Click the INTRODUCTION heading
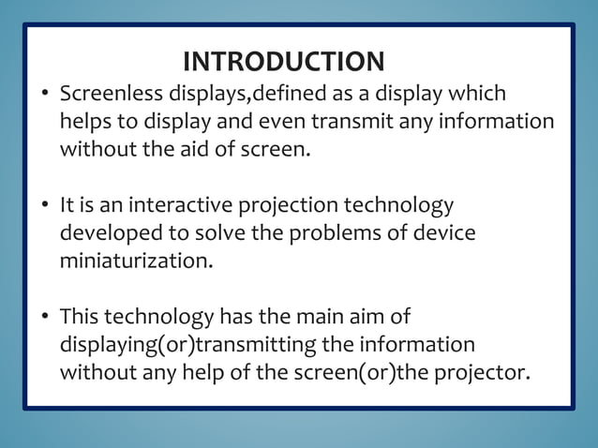[x=283, y=63]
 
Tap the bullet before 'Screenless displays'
[x=44, y=96]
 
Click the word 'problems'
[x=321, y=232]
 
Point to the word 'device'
[x=443, y=232]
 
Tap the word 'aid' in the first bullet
[x=199, y=149]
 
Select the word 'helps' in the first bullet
[x=84, y=122]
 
